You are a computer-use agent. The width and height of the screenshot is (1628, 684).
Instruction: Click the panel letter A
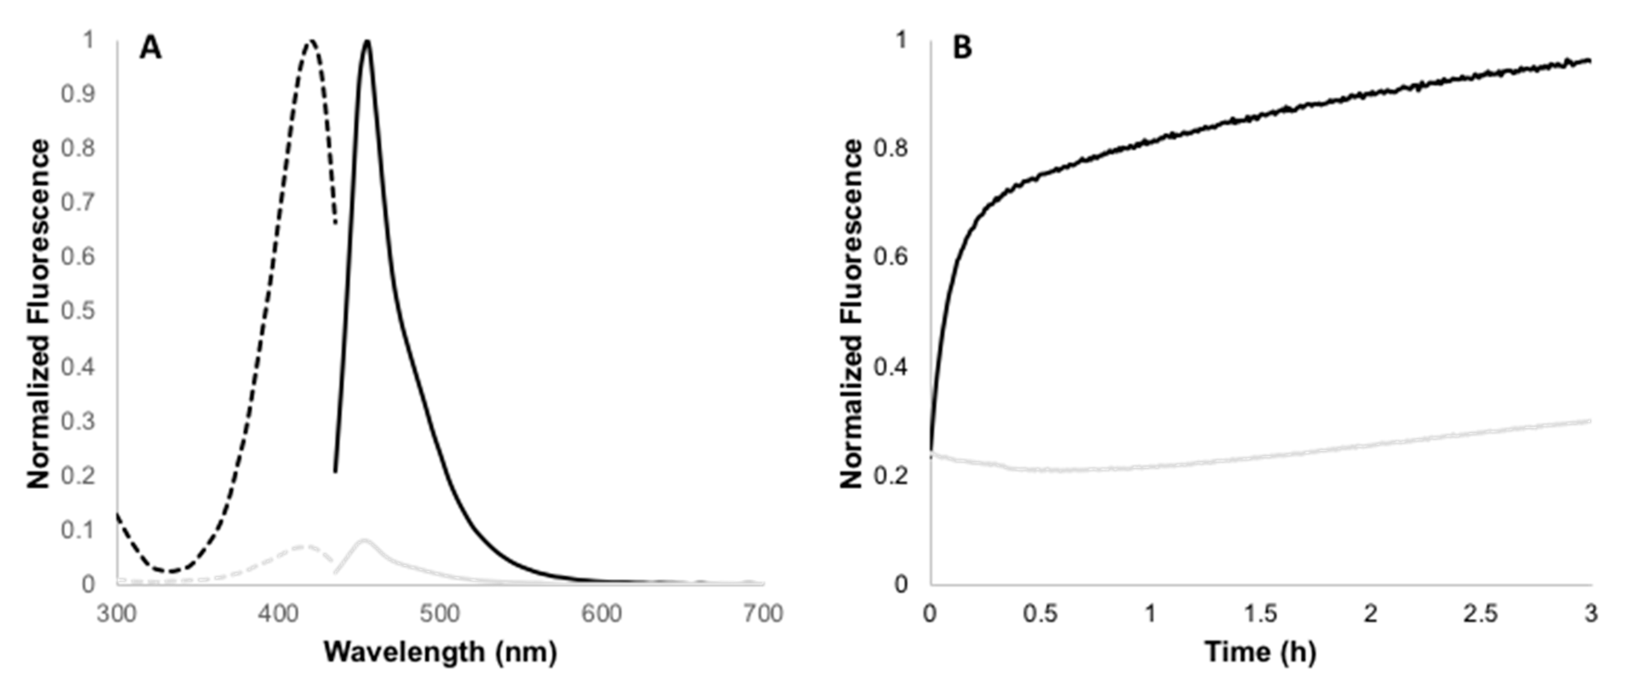coord(150,48)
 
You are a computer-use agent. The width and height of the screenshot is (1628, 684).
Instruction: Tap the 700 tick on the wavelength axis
coord(763,613)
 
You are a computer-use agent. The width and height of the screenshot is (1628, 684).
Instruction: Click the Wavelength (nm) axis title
coord(441,652)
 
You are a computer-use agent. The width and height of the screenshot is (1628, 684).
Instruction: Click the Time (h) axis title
coord(1260,652)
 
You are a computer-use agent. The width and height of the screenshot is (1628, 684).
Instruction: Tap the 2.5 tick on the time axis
coord(1481,613)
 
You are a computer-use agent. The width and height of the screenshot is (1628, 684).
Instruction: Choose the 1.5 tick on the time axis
coord(1260,613)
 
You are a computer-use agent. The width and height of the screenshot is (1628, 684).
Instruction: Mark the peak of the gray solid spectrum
coord(363,541)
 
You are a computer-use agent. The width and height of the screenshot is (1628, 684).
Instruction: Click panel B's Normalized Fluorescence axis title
coord(852,314)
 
